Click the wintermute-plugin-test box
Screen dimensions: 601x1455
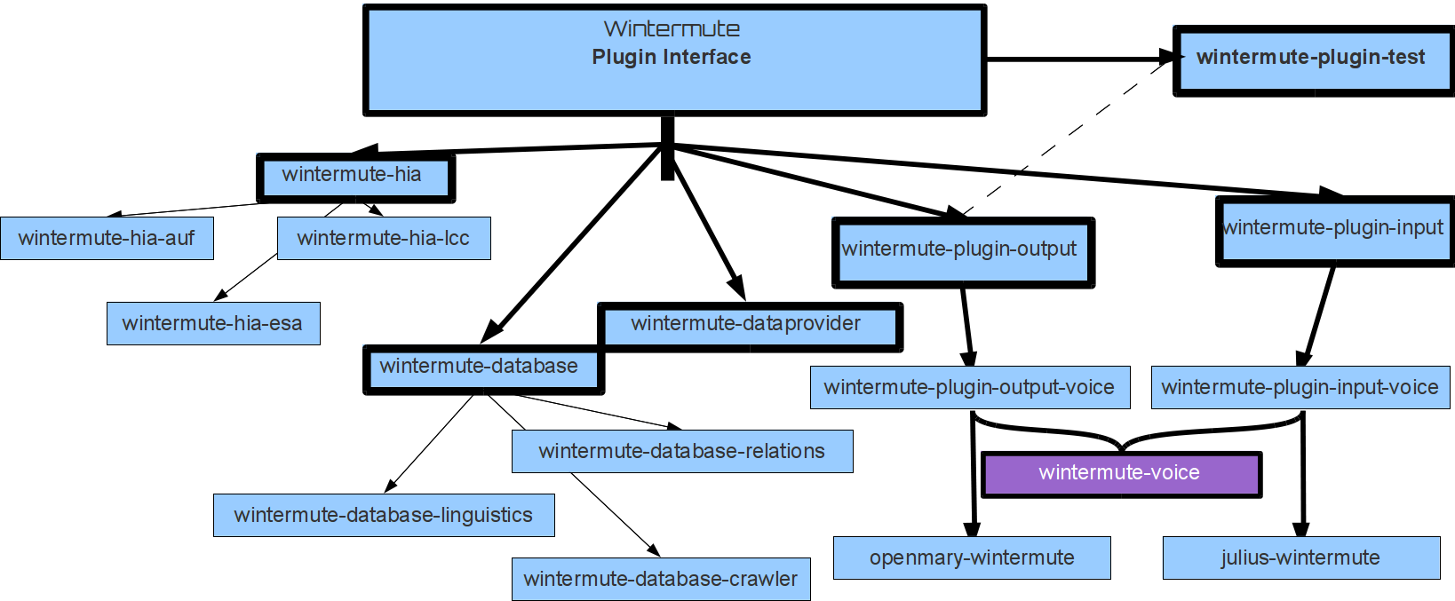[x=1313, y=59]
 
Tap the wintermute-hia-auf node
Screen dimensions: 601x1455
[x=107, y=238]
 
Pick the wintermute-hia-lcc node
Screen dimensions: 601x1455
[x=384, y=238]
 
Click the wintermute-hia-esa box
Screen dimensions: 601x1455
[x=213, y=323]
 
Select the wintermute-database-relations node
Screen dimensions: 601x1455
[x=682, y=451]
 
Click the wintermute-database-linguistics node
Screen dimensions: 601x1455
[x=384, y=515]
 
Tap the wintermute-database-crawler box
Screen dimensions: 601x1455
[x=661, y=579]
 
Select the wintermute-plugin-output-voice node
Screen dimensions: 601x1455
[x=970, y=387]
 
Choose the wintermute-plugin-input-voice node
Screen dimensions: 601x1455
[x=1300, y=387]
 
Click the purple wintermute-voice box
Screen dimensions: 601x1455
[x=1121, y=474]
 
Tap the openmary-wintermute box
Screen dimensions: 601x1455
[x=972, y=558]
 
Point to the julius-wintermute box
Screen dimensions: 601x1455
[x=1301, y=558]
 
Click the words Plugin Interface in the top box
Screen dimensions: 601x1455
[x=672, y=57]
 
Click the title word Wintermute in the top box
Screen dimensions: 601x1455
[x=672, y=28]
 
